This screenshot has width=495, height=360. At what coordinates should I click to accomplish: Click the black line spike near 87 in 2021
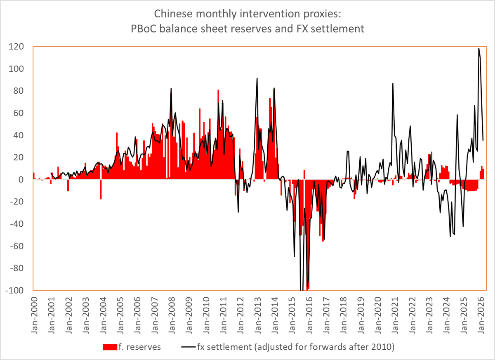[x=393, y=84]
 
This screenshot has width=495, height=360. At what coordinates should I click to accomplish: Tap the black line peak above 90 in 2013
[x=257, y=78]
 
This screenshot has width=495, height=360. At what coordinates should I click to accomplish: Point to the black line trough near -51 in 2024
[x=450, y=236]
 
